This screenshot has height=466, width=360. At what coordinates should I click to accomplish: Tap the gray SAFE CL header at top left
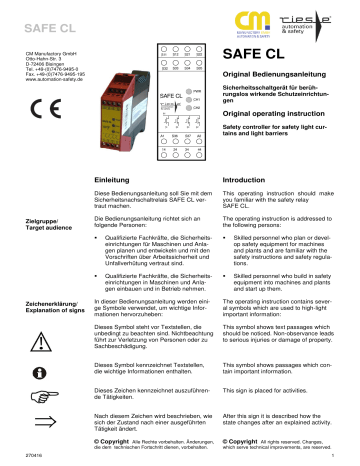[41, 17]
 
